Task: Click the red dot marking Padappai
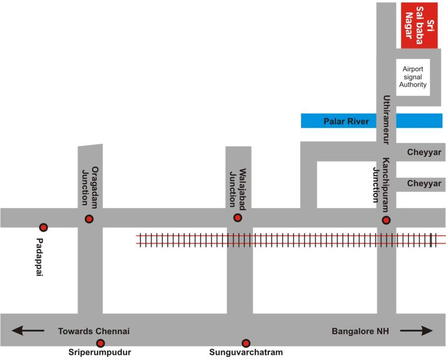tap(43, 227)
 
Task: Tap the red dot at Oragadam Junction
tap(89, 219)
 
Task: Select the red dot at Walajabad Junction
tap(238, 217)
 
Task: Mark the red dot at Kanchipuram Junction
tap(386, 220)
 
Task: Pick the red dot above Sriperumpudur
tap(100, 343)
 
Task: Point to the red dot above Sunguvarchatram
tap(246, 343)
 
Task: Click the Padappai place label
tap(40, 257)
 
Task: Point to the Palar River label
tap(346, 121)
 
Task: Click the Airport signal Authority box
tap(413, 77)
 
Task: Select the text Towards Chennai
tap(94, 331)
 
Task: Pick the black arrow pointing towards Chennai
tap(28, 331)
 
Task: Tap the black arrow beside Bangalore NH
tap(416, 331)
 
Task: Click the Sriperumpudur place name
tap(99, 352)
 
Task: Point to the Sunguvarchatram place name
tap(246, 352)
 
